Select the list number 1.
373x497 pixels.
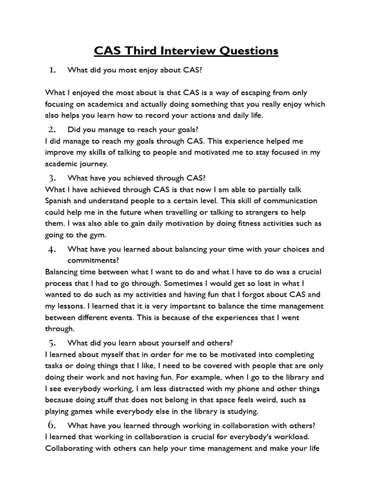(53, 70)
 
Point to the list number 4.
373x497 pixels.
(53, 249)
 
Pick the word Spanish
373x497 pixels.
(59, 201)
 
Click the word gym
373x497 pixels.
(97, 234)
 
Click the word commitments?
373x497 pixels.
(90, 260)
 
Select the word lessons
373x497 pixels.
(71, 306)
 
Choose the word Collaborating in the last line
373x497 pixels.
(70, 448)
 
